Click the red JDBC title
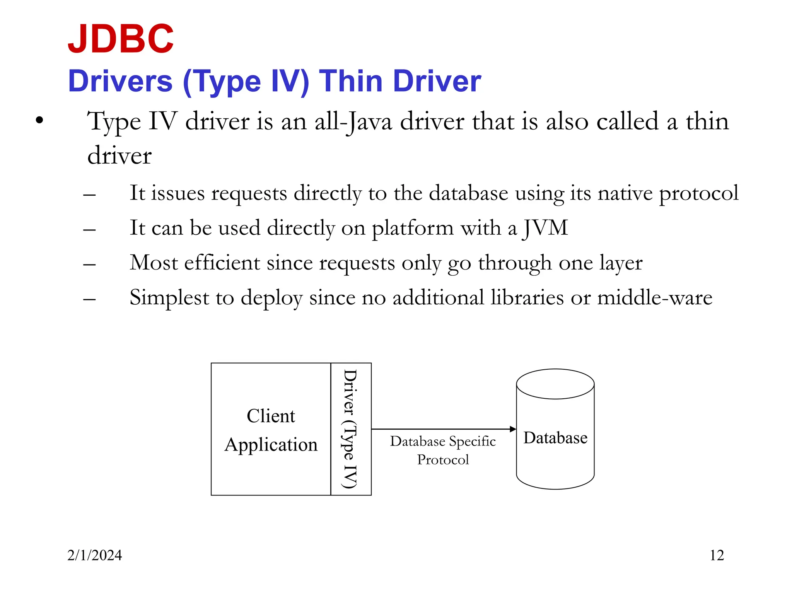click(x=121, y=39)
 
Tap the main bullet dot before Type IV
click(x=39, y=121)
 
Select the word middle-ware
click(x=654, y=298)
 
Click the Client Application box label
click(x=271, y=430)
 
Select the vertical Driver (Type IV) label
click(x=350, y=429)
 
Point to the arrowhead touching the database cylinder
click(x=513, y=429)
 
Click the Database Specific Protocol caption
click(x=443, y=450)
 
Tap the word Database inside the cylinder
click(x=555, y=438)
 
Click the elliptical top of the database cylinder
click(x=555, y=384)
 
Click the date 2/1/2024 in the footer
click(x=94, y=555)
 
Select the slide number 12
click(x=717, y=555)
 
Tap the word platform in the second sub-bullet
click(x=413, y=228)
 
